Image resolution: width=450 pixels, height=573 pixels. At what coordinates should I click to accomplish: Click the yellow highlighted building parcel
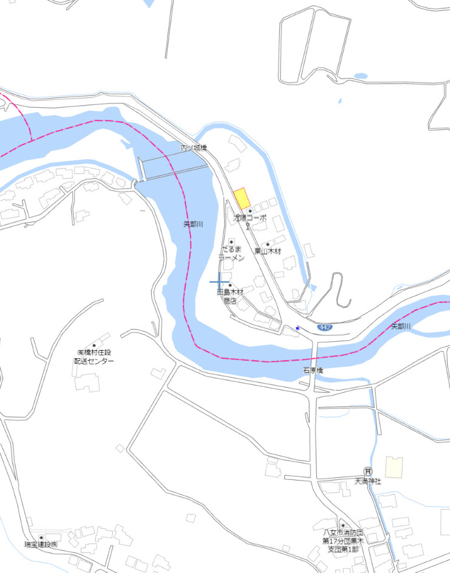coord(242,198)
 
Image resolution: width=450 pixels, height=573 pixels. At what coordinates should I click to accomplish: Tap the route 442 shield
coord(325,327)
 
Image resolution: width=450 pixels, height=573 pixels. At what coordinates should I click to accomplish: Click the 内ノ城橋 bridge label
coord(194,148)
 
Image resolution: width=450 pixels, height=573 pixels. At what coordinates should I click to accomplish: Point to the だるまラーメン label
coord(231,254)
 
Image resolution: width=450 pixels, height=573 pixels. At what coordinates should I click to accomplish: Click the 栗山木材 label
coord(268,251)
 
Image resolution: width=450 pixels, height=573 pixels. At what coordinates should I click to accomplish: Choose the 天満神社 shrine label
coord(367,481)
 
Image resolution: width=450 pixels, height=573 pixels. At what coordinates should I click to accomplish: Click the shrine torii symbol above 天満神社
coord(367,471)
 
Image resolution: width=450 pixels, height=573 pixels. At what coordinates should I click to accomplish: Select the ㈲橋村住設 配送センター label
coord(94,356)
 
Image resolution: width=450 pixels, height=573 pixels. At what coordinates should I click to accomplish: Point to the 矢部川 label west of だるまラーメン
coord(193,224)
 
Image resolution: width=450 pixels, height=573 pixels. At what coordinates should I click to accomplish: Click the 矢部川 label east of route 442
coord(401,327)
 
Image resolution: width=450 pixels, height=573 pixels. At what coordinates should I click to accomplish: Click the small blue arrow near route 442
coord(298,328)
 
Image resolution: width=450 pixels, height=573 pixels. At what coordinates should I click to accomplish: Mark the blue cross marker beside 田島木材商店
coord(219,282)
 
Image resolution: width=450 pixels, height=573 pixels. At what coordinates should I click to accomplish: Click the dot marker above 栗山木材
coord(268,243)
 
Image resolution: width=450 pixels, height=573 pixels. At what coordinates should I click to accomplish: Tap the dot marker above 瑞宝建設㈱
coord(41,537)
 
